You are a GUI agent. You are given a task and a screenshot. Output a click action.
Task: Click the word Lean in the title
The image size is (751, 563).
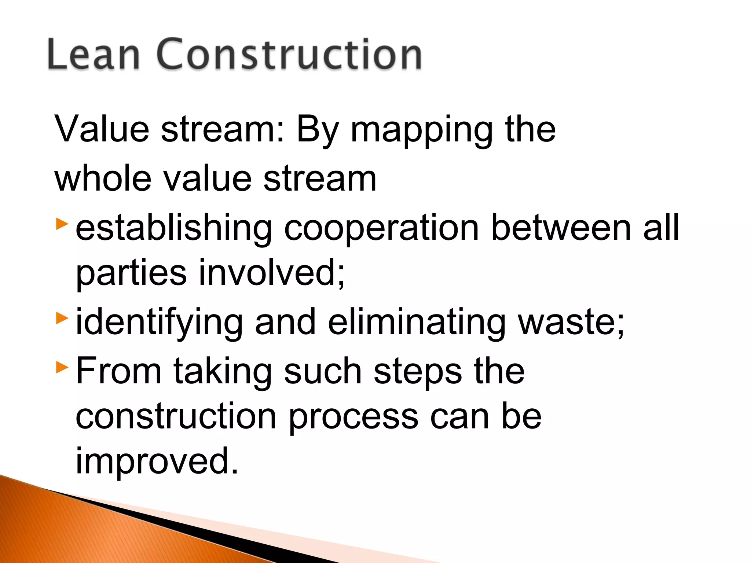tap(94, 54)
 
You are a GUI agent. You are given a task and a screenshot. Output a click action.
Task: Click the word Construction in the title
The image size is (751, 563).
tap(289, 54)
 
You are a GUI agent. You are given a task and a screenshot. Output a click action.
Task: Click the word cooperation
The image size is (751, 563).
tap(381, 229)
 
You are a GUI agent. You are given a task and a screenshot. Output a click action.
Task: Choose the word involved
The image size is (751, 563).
tap(271, 273)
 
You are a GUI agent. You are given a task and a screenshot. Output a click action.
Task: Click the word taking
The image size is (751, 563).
tap(222, 372)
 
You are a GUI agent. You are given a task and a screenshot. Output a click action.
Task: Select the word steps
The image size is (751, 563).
tap(418, 372)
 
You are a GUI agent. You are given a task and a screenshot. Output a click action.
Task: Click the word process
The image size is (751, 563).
tap(353, 418)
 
